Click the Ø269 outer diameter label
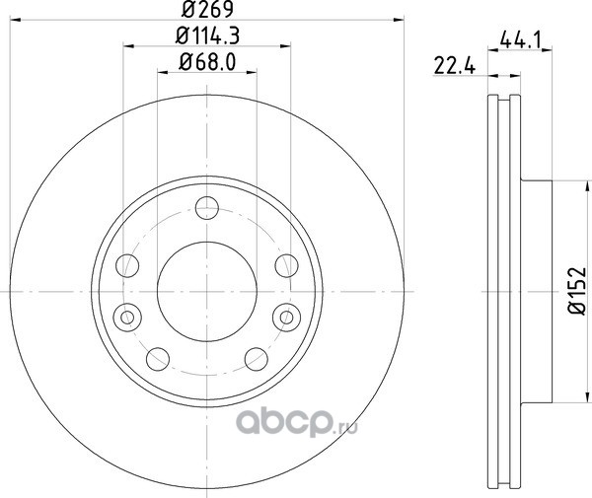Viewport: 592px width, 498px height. [x=207, y=10]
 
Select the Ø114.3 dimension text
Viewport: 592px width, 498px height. [x=207, y=36]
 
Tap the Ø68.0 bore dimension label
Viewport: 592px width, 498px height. [x=207, y=62]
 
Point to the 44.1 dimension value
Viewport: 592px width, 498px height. [x=521, y=39]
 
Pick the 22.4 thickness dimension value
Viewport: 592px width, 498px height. [x=455, y=67]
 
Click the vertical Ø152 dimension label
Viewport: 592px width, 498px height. [x=577, y=291]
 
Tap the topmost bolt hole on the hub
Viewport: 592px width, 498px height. [x=207, y=208]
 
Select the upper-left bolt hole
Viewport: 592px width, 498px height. [x=127, y=265]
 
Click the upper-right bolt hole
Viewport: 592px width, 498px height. [x=286, y=265]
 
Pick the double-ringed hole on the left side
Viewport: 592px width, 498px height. [x=127, y=317]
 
